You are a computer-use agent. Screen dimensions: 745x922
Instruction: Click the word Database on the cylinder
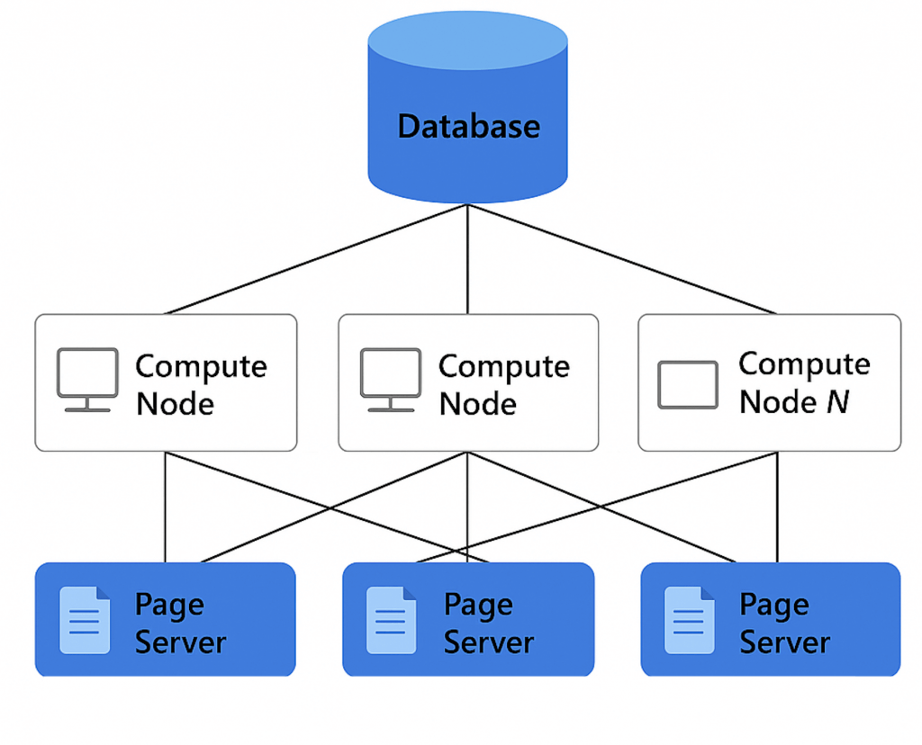pyautogui.click(x=468, y=126)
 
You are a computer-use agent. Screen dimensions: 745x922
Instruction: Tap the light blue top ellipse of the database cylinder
pyautogui.click(x=468, y=41)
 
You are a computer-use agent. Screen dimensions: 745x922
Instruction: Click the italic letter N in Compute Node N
pyautogui.click(x=837, y=401)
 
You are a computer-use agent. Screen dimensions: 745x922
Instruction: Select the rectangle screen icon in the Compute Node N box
pyautogui.click(x=688, y=385)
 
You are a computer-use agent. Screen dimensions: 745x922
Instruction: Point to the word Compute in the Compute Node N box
pyautogui.click(x=804, y=364)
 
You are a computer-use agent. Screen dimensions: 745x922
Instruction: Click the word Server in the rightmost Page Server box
pyautogui.click(x=784, y=642)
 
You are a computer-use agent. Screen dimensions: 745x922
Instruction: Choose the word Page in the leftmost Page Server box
pyautogui.click(x=169, y=606)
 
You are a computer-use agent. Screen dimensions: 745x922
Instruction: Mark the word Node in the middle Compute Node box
pyautogui.click(x=477, y=403)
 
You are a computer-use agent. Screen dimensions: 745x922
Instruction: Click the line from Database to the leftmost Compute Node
pyautogui.click(x=315, y=260)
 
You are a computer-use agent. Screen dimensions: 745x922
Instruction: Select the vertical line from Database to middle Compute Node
pyautogui.click(x=467, y=261)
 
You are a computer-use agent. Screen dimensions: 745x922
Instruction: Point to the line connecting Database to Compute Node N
pyautogui.click(x=621, y=260)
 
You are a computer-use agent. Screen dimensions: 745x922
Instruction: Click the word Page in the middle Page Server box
pyautogui.click(x=478, y=606)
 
